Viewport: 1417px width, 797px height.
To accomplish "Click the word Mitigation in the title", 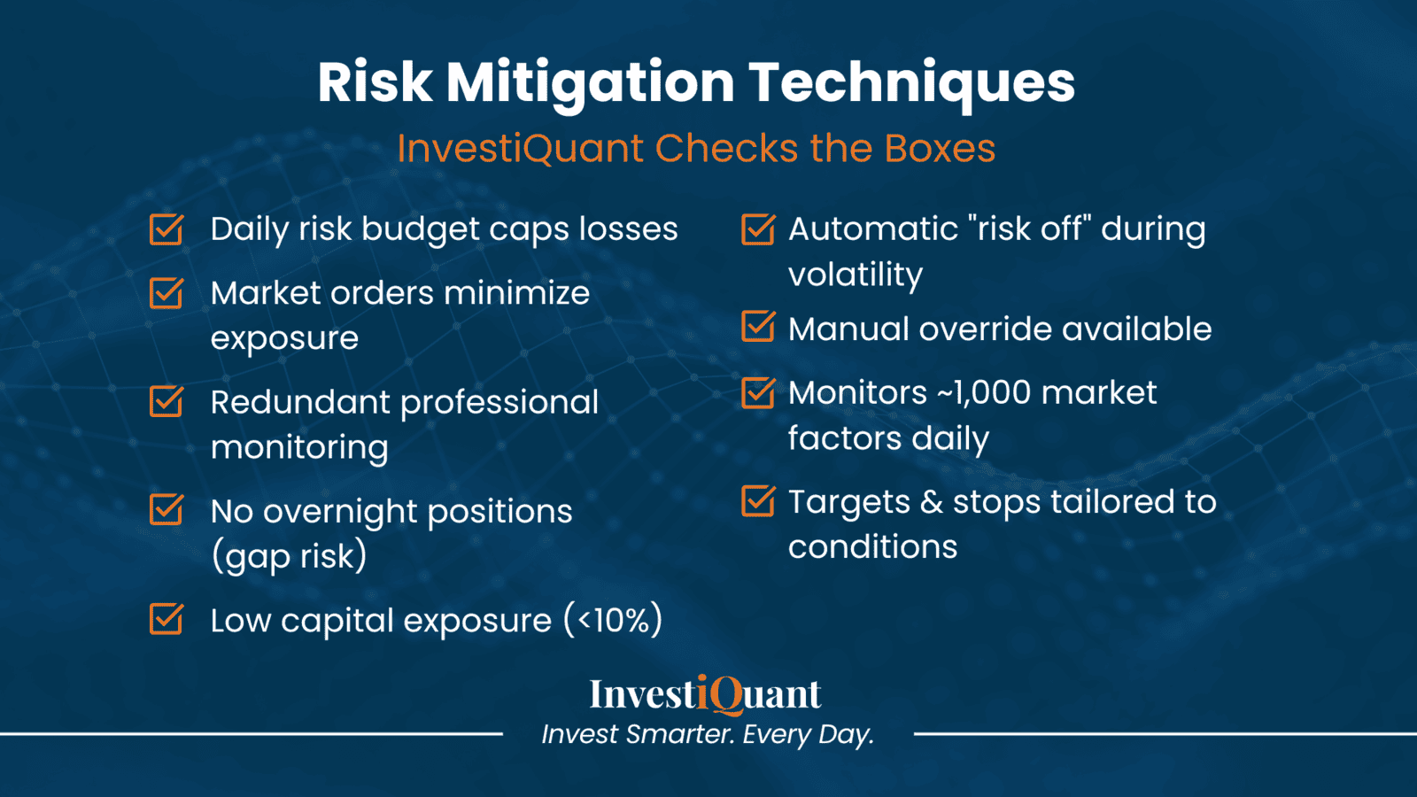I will [590, 82].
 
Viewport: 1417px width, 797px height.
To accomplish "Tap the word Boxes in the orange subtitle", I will [940, 149].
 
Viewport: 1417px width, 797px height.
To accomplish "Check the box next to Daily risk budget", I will [166, 229].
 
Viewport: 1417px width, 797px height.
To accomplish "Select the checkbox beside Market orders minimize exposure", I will [166, 293].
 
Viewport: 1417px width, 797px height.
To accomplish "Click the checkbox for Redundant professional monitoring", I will [166, 402].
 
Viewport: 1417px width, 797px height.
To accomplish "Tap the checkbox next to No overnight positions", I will [166, 511].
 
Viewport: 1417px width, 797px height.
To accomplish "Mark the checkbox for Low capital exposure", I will [166, 620].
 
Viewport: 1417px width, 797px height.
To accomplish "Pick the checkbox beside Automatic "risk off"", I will [757, 229].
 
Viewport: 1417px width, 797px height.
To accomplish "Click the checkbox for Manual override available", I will [757, 328].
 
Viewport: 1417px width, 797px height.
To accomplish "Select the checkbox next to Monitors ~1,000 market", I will [757, 392].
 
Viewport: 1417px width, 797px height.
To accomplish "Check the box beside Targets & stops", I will [757, 501].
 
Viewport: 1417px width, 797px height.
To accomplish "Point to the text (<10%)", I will [613, 620].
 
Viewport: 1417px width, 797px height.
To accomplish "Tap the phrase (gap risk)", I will [289, 557].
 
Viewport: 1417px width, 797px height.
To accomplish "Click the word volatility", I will [856, 275].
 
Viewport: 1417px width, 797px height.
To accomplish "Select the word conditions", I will [872, 547].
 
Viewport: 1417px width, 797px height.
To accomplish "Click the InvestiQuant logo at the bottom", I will [706, 694].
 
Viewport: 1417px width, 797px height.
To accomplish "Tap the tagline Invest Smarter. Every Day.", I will [708, 734].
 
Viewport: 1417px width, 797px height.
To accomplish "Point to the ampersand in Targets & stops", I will [931, 502].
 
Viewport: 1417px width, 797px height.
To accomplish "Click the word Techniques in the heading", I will [911, 82].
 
